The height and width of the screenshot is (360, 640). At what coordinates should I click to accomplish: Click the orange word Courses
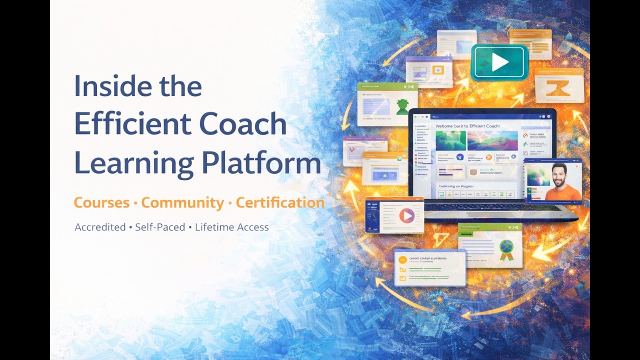101,202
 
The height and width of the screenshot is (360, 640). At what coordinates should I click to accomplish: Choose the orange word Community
182,202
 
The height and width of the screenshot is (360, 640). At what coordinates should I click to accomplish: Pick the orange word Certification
280,202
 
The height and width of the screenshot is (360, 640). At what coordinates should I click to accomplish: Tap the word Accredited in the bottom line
100,227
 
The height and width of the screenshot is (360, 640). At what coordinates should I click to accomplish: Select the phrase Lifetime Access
232,227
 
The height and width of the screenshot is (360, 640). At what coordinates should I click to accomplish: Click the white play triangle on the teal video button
499,62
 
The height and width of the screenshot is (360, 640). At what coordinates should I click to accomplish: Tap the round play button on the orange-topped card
406,215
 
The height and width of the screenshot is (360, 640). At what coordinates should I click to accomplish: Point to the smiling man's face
559,174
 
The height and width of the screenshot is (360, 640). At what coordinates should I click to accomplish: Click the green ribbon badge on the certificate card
506,247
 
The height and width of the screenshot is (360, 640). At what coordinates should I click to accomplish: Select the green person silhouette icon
401,106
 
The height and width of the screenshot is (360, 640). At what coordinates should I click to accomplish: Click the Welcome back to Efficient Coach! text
467,126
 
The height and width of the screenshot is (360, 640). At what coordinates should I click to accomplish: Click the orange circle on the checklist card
402,260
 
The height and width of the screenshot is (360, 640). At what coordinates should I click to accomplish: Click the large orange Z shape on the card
558,89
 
